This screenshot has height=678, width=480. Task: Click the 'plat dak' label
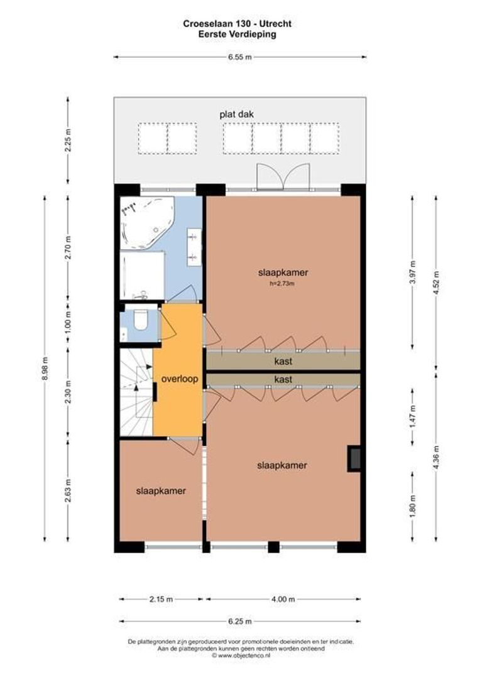pyautogui.click(x=236, y=114)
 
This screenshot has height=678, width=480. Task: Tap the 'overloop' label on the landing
pyautogui.click(x=179, y=379)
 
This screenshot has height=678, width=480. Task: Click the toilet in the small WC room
pyautogui.click(x=141, y=321)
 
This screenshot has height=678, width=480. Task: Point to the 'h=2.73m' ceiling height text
pyautogui.click(x=282, y=284)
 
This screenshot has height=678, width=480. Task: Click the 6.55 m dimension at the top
pyautogui.click(x=239, y=57)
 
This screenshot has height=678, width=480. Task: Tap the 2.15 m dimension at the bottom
pyautogui.click(x=160, y=599)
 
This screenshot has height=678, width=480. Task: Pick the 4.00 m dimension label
pyautogui.click(x=283, y=599)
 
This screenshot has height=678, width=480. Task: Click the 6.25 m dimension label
pyautogui.click(x=239, y=621)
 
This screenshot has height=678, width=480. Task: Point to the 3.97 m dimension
pyautogui.click(x=412, y=272)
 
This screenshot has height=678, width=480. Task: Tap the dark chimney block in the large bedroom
pyautogui.click(x=354, y=458)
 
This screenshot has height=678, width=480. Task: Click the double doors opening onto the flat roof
pyautogui.click(x=283, y=176)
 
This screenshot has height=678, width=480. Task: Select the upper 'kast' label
pyautogui.click(x=283, y=362)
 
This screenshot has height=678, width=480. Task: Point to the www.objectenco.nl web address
pyautogui.click(x=240, y=655)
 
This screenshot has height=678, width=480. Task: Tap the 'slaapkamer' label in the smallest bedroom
pyautogui.click(x=161, y=491)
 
